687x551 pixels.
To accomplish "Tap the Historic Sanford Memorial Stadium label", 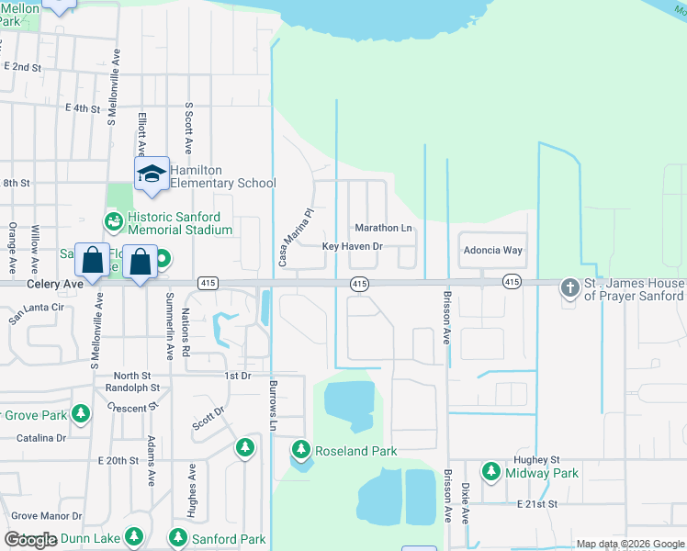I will (179, 223).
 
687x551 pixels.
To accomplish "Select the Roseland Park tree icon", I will (300, 450).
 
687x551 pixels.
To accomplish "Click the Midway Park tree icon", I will (490, 472).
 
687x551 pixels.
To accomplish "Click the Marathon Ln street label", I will (383, 228).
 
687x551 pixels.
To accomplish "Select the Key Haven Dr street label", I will (352, 246).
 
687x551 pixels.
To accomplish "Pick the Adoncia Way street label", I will (491, 250).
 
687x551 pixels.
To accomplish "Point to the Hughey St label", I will (538, 459).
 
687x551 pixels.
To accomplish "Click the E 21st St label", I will (537, 504).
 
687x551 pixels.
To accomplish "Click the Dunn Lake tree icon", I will (134, 535).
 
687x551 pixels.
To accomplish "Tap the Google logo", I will (29, 540).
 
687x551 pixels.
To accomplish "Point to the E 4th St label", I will (82, 108).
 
